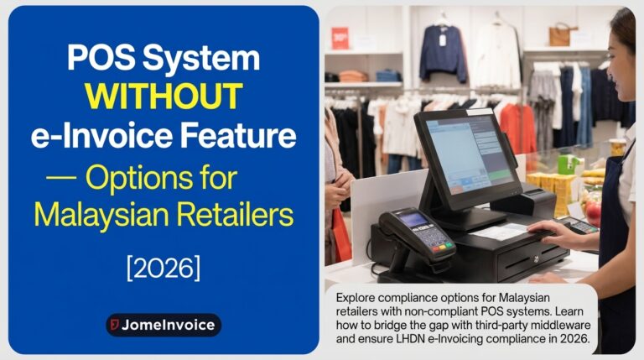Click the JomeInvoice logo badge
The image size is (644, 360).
click(x=164, y=325)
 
